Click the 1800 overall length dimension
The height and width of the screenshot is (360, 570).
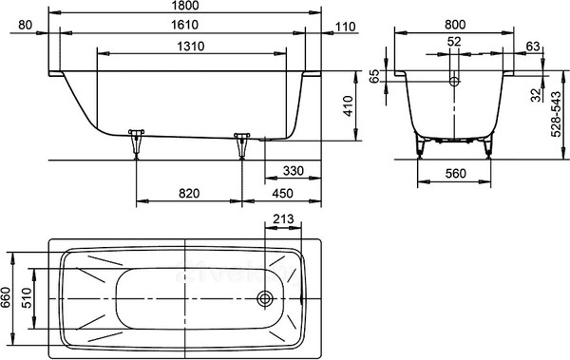pyautogui.click(x=184, y=5)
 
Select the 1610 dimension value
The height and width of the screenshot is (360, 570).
pyautogui.click(x=184, y=25)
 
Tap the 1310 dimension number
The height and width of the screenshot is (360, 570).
pyautogui.click(x=191, y=47)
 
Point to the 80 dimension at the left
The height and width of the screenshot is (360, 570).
pyautogui.click(x=25, y=25)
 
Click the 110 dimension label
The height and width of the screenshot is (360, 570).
pyautogui.click(x=345, y=27)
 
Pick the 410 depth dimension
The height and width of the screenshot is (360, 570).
pyautogui.click(x=349, y=105)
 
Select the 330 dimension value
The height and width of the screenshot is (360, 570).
pyautogui.click(x=293, y=171)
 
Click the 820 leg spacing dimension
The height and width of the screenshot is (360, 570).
pyautogui.click(x=189, y=194)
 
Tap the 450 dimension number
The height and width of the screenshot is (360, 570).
pyautogui.click(x=282, y=194)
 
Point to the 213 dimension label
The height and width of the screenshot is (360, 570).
pyautogui.click(x=283, y=218)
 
